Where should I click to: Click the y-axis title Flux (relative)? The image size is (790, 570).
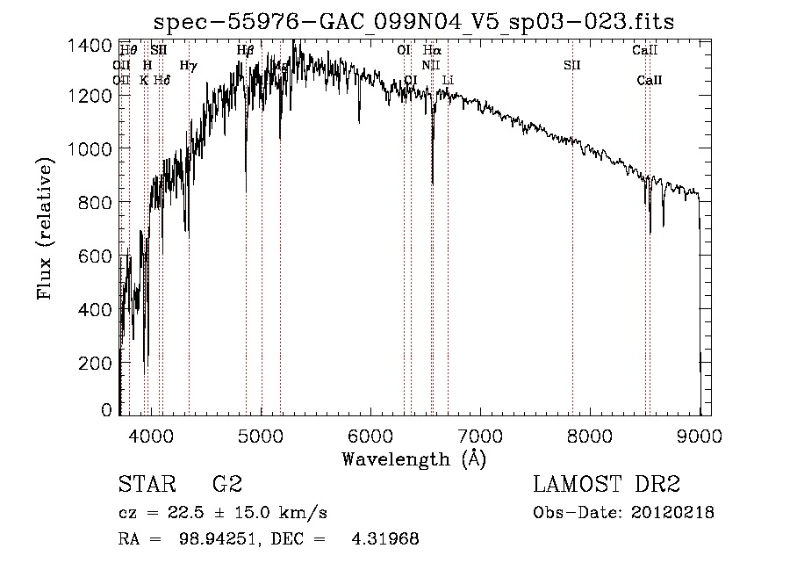tap(45, 227)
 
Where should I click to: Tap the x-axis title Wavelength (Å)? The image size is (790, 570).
tap(413, 458)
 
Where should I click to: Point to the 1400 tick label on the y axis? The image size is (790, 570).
tap(90, 45)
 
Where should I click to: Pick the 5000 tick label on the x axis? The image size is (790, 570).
tap(261, 434)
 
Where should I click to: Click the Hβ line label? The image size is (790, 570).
tap(245, 51)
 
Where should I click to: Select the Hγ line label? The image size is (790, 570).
tap(188, 65)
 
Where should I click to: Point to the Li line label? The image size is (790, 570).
tap(448, 80)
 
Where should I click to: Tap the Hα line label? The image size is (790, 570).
tap(431, 51)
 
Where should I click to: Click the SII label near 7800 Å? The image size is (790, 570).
tap(572, 65)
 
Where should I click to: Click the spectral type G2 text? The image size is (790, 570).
tap(227, 485)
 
